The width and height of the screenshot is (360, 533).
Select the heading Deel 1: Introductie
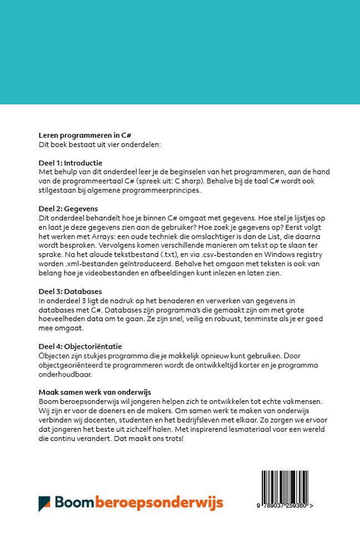[x=70, y=163]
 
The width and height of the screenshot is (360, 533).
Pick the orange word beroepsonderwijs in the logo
[x=159, y=503]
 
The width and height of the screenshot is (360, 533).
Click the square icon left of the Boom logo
[x=44, y=503]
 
